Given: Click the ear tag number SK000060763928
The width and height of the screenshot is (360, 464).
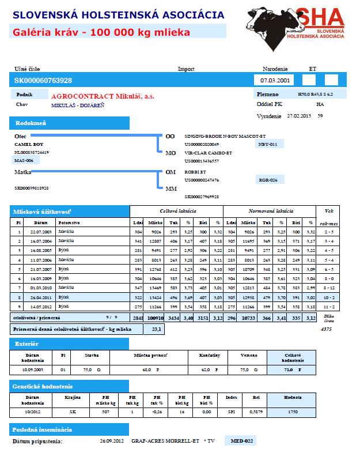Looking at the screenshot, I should point(43,80).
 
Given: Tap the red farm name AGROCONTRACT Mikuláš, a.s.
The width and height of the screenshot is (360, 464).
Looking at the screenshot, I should point(103,96).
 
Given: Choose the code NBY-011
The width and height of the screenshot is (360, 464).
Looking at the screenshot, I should point(269,144).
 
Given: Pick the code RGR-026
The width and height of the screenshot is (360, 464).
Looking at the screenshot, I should point(269,180).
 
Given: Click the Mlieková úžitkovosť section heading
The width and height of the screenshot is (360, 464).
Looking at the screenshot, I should point(40,212).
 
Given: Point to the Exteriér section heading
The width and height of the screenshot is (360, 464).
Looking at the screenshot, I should point(26,344).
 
